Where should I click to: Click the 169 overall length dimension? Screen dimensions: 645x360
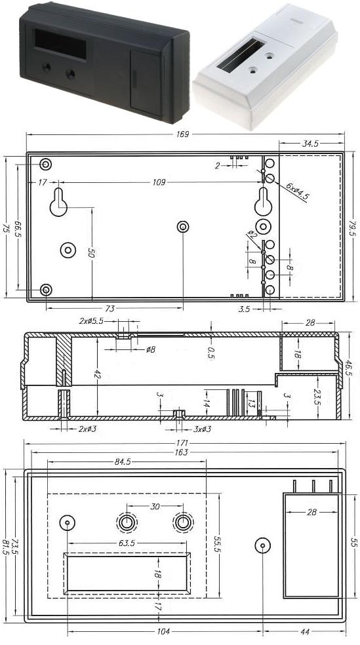182,134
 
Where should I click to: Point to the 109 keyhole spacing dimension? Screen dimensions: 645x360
159,182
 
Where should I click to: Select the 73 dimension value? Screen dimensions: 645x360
110,308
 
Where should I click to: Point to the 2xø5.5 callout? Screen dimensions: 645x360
90,322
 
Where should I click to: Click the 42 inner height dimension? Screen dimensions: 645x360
97,375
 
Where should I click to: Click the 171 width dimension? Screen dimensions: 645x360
182,444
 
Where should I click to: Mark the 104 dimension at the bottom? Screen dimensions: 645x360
164,631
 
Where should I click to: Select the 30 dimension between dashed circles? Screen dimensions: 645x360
155,506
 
